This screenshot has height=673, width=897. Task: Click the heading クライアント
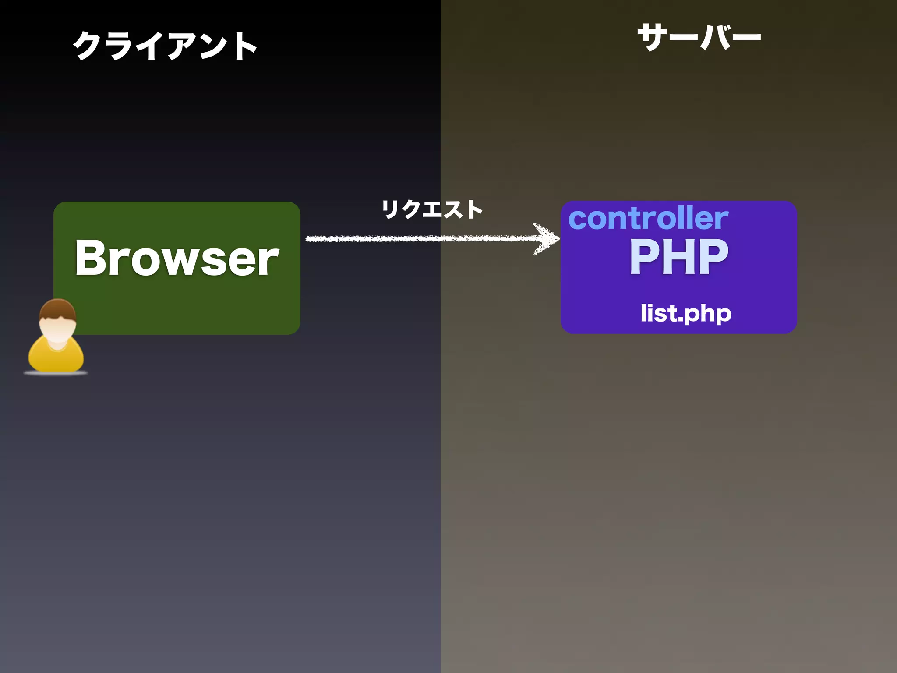click(165, 46)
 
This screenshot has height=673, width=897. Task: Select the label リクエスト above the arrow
click(432, 209)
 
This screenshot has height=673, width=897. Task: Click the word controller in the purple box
click(648, 219)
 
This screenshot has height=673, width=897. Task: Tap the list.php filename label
click(686, 313)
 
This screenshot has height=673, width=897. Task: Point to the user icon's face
click(57, 329)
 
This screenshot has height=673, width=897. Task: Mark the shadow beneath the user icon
click(56, 373)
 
